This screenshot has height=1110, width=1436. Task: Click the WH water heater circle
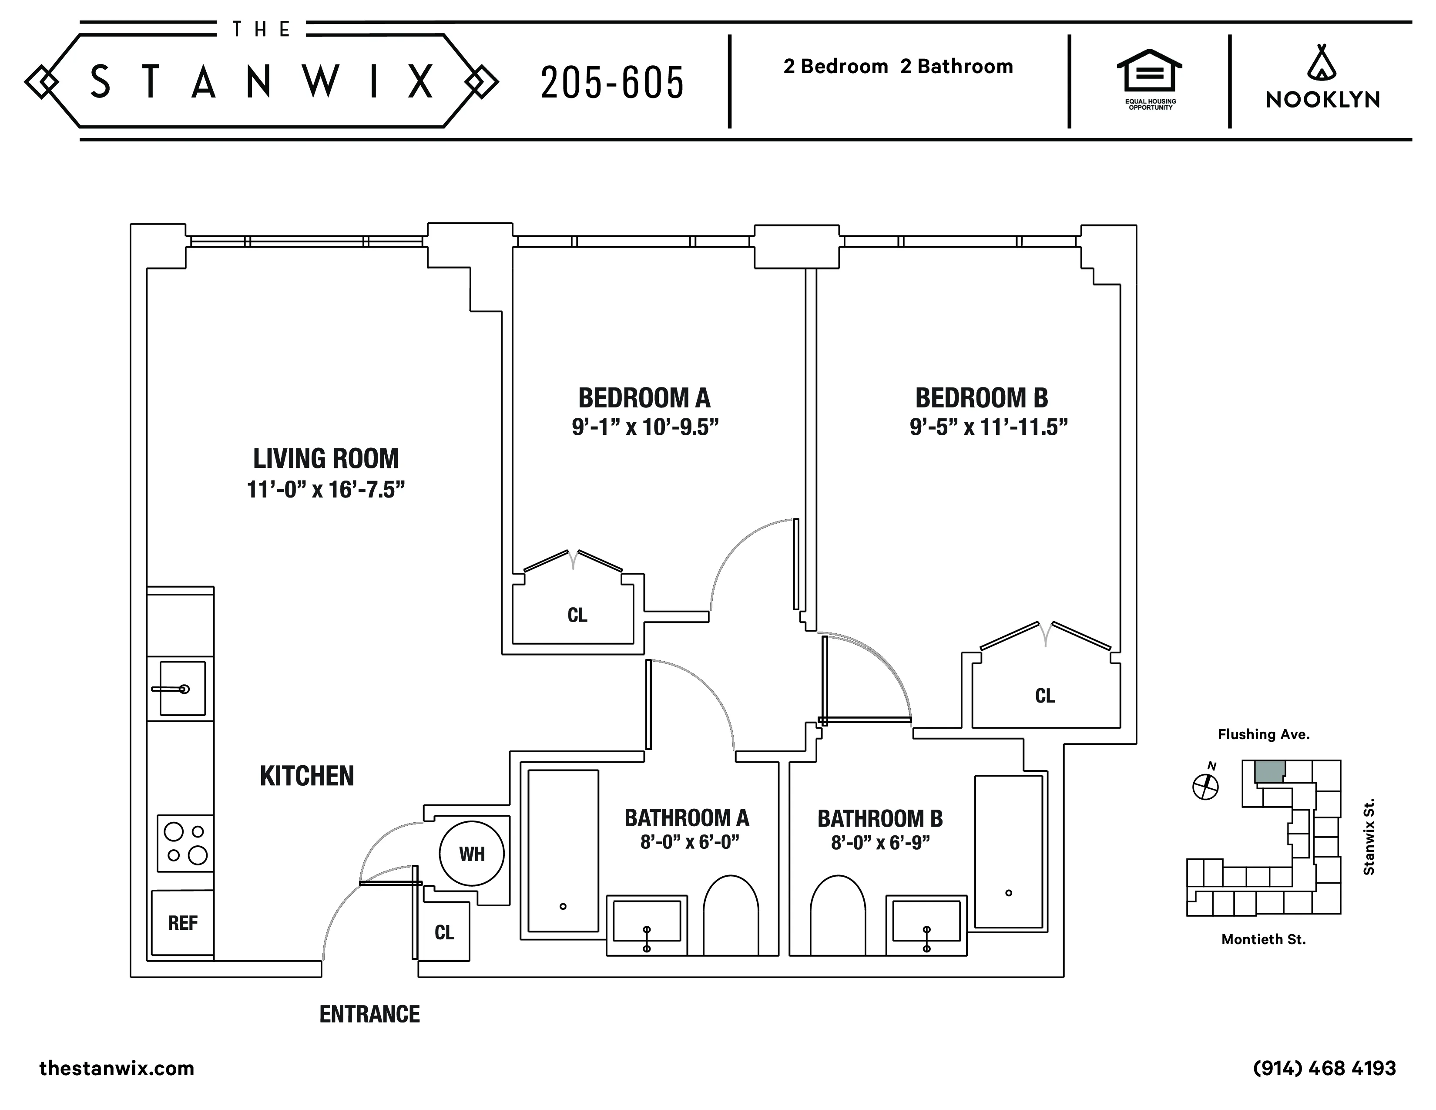click(471, 854)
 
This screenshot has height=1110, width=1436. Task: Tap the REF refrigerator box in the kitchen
click(182, 922)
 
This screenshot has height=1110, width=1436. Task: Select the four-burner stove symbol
click(185, 843)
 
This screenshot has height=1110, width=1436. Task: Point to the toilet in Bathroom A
click(731, 915)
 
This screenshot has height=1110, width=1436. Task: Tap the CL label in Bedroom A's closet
click(577, 615)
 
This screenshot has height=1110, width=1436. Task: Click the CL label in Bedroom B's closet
click(1044, 696)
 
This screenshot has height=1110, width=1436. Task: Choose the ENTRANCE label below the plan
click(369, 1015)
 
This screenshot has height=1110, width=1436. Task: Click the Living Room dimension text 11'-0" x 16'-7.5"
click(325, 490)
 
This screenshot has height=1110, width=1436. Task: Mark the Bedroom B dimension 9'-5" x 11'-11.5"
click(988, 427)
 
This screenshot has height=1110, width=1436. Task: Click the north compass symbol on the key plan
click(1205, 785)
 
